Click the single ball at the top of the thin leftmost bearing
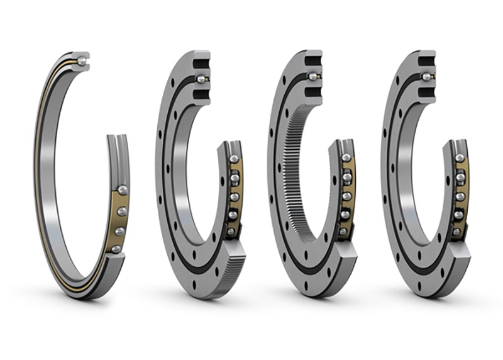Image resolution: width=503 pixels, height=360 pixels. pyautogui.click(x=82, y=60)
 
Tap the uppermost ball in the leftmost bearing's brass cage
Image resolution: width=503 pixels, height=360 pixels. pyautogui.click(x=122, y=189)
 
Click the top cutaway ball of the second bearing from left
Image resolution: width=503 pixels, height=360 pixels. pyautogui.click(x=201, y=79)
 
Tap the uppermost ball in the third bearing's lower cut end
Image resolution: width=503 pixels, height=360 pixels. pyautogui.click(x=346, y=157)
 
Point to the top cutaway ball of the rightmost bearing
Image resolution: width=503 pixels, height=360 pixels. pyautogui.click(x=426, y=77)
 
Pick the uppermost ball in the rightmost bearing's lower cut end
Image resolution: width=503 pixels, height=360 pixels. pyautogui.click(x=459, y=159)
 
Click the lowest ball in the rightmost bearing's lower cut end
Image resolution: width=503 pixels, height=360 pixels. pyautogui.click(x=456, y=232)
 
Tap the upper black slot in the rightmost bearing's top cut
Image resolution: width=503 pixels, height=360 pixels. pyautogui.click(x=427, y=62)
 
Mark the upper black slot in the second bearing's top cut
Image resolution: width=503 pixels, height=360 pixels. pyautogui.click(x=202, y=64)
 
